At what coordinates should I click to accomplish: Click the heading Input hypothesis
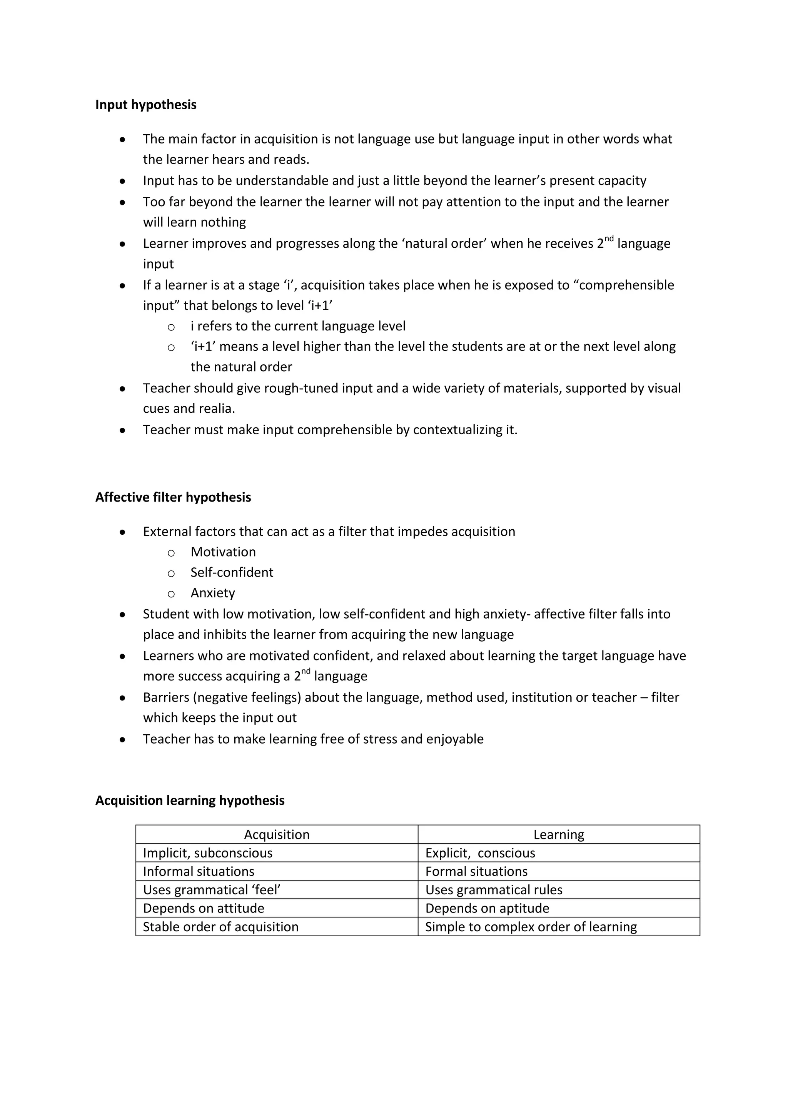pyautogui.click(x=145, y=105)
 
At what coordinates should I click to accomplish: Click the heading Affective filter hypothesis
pyautogui.click(x=173, y=497)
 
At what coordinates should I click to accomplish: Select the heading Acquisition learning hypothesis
pyautogui.click(x=190, y=800)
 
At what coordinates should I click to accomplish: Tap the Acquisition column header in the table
pyautogui.click(x=277, y=834)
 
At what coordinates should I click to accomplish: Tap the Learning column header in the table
pyautogui.click(x=559, y=834)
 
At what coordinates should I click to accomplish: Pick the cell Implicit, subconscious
pyautogui.click(x=208, y=853)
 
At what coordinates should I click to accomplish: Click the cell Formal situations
pyautogui.click(x=476, y=871)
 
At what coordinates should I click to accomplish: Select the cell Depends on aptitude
pyautogui.click(x=487, y=908)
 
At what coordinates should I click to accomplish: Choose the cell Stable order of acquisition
pyautogui.click(x=220, y=927)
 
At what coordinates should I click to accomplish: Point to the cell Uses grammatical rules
pyautogui.click(x=494, y=890)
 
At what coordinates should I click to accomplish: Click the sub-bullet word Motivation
pyautogui.click(x=223, y=552)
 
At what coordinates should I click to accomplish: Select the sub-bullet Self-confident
pyautogui.click(x=232, y=572)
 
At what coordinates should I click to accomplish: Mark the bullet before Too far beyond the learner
pyautogui.click(x=122, y=202)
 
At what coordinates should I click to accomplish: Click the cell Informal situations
pyautogui.click(x=199, y=871)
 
